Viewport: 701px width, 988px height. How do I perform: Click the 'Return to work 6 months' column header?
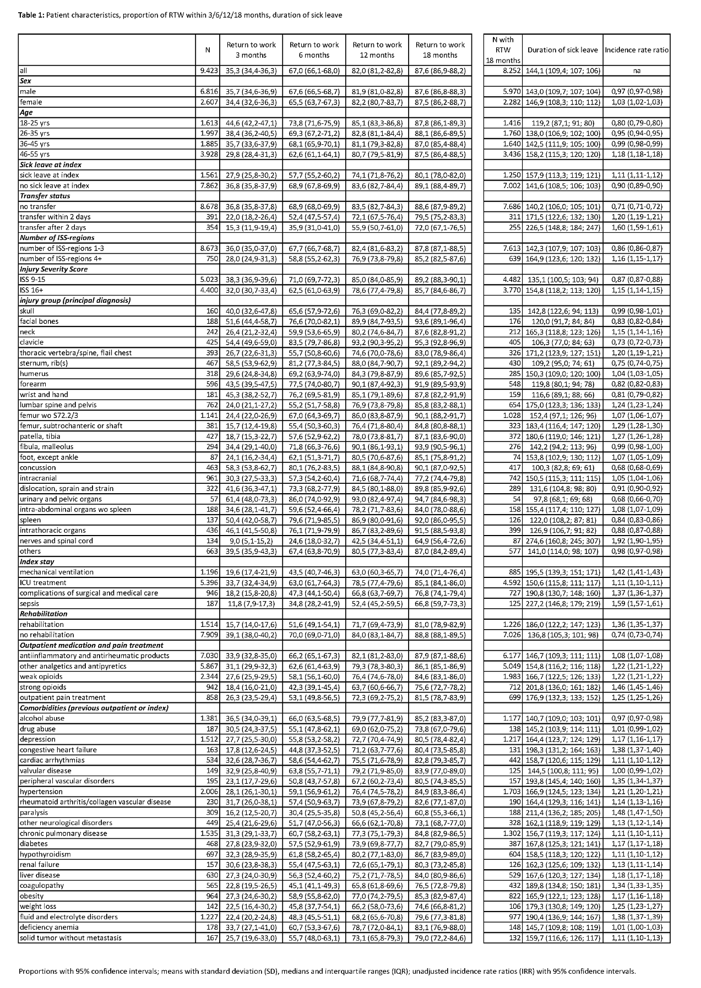click(314, 50)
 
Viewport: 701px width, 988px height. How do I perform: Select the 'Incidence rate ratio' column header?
click(637, 50)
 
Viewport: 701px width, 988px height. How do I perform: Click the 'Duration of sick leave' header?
click(562, 50)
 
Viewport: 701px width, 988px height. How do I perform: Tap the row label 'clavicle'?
click(31, 342)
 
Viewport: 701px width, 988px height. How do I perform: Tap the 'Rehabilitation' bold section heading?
click(44, 614)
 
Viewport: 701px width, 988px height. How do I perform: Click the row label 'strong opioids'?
click(43, 687)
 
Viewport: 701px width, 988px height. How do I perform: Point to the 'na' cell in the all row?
click(637, 71)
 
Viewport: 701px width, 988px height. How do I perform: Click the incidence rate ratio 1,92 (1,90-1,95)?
click(637, 541)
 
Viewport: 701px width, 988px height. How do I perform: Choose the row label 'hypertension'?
click(40, 792)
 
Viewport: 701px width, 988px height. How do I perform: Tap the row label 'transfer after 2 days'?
click(53, 227)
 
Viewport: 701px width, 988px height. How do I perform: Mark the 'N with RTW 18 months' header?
click(502, 50)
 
